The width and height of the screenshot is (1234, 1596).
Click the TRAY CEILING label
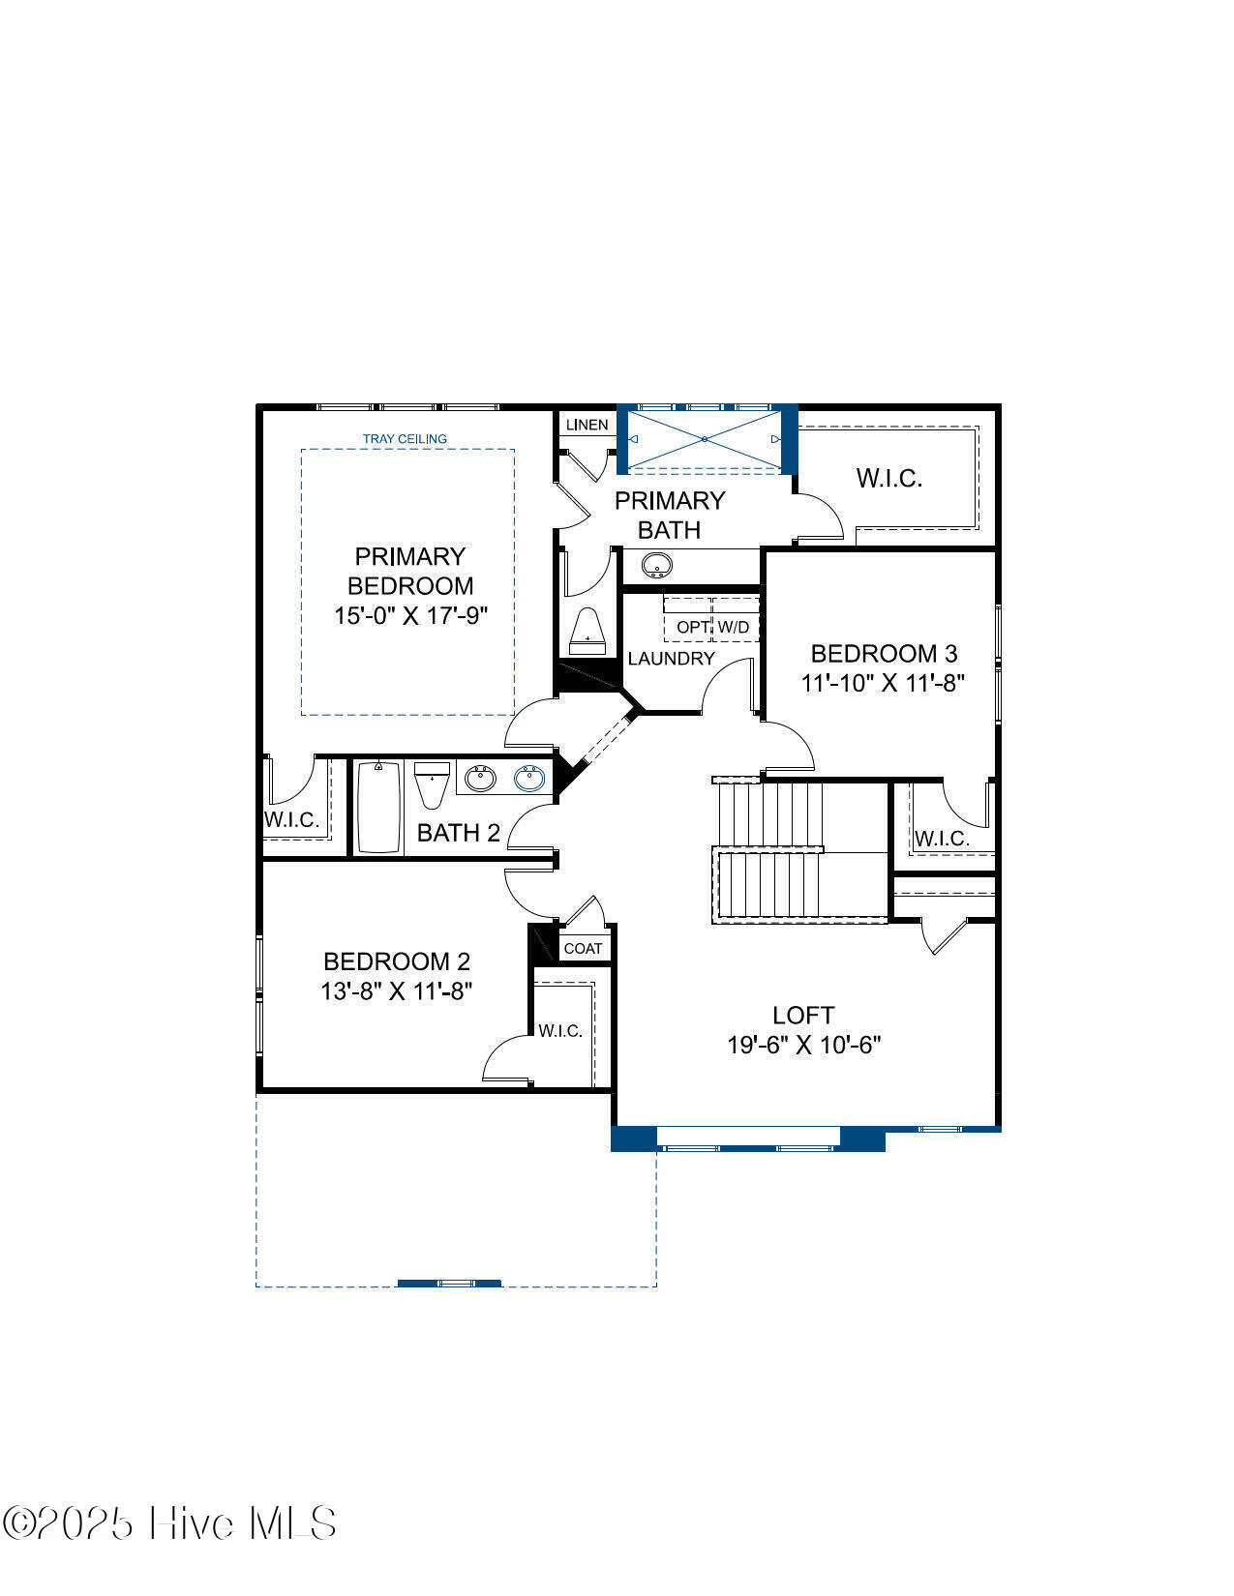[x=405, y=438]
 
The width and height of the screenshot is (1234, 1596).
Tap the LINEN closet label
[x=587, y=425]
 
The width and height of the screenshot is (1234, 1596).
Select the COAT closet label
[x=583, y=948]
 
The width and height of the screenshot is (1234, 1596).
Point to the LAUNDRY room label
[x=671, y=658]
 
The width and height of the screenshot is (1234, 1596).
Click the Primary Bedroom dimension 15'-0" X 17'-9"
[x=410, y=615]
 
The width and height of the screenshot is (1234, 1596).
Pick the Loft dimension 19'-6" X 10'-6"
[x=804, y=1045]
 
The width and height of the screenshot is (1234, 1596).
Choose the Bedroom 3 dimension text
[x=883, y=682]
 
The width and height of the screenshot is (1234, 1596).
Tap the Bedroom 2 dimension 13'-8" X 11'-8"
[x=396, y=990]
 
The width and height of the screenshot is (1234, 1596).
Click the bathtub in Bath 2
[x=378, y=807]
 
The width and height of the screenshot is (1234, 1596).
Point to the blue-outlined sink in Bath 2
[x=529, y=778]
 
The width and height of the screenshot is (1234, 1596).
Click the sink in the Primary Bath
[x=656, y=566]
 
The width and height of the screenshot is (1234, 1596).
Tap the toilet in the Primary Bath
[x=587, y=631]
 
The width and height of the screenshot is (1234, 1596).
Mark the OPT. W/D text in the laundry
[x=712, y=627]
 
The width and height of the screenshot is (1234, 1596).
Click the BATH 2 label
[x=459, y=833]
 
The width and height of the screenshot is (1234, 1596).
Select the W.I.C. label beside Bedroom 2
[x=560, y=1030]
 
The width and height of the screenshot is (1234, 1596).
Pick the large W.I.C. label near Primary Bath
[x=888, y=478]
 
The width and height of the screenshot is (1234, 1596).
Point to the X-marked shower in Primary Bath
[x=704, y=439]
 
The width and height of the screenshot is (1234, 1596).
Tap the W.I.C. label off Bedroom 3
[x=942, y=838]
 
